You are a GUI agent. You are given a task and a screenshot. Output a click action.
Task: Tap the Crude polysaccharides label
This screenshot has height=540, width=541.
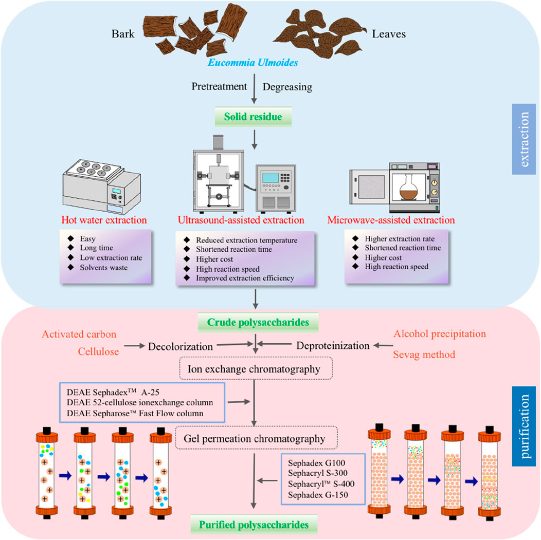click(x=256, y=322)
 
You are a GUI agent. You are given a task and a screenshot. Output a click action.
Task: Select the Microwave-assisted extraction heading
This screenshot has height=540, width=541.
click(x=390, y=220)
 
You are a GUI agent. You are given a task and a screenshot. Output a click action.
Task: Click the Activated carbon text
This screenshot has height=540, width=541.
click(x=83, y=334)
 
